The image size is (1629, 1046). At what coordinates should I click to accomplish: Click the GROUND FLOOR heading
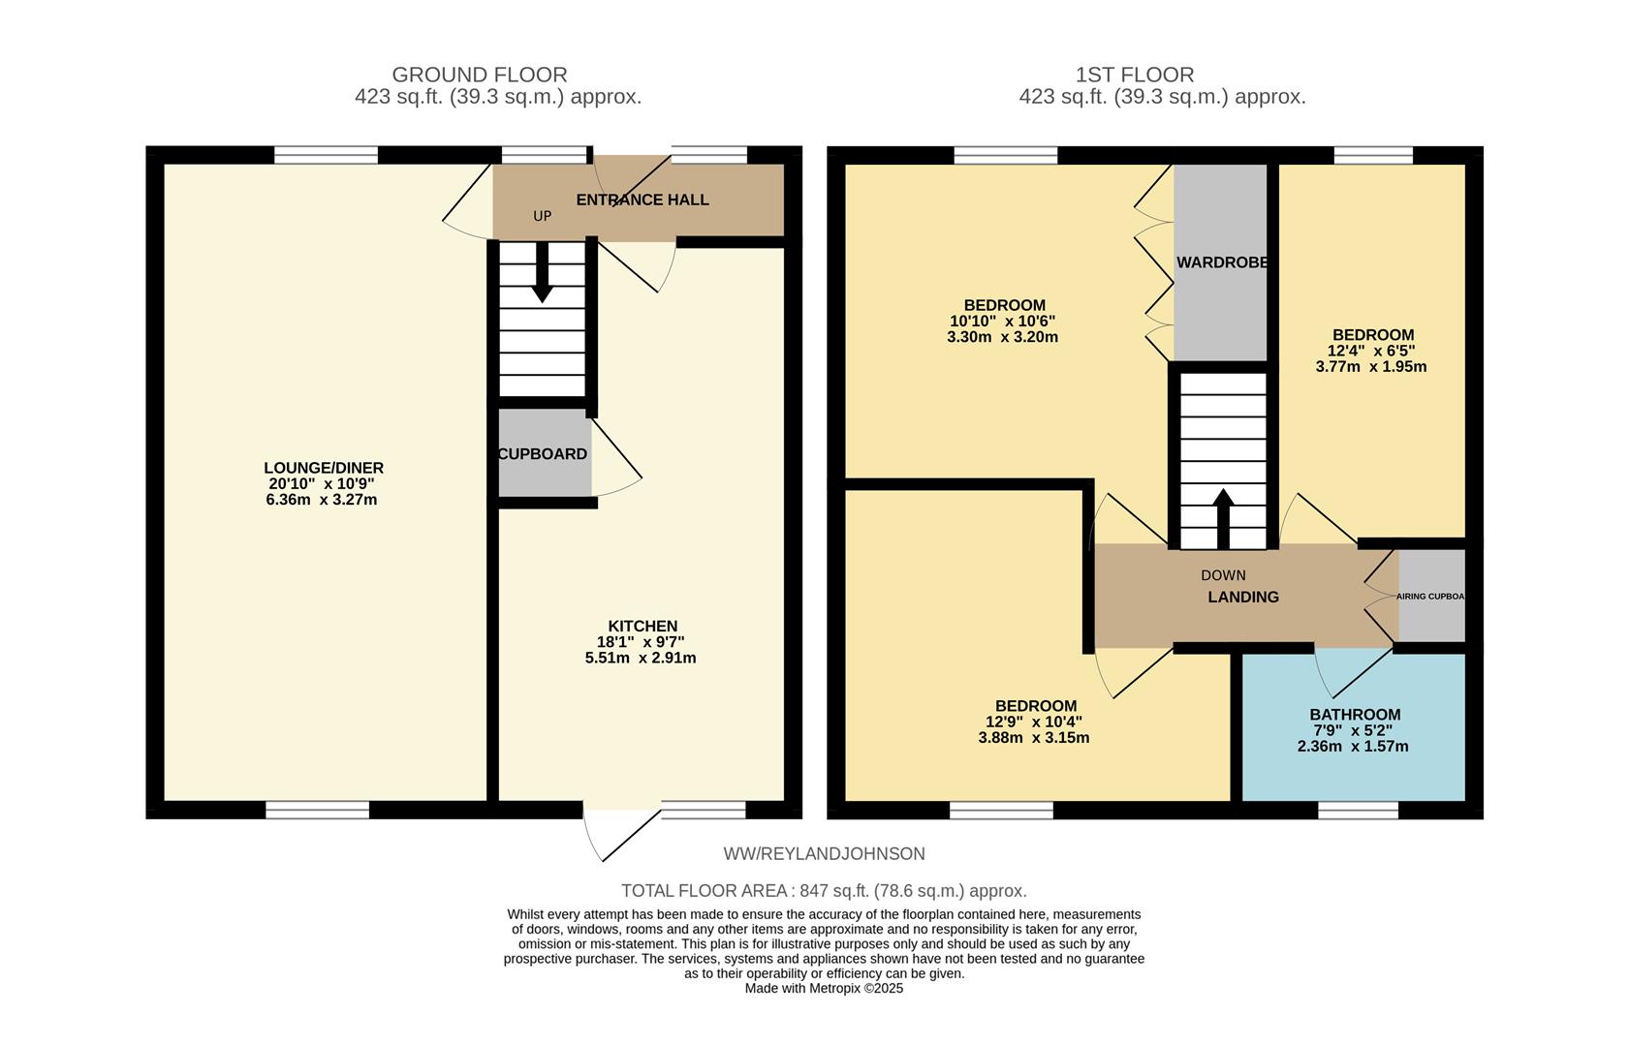click(x=479, y=75)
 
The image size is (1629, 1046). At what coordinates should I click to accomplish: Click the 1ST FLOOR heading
click(x=1134, y=75)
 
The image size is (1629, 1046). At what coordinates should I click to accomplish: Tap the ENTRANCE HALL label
click(x=642, y=200)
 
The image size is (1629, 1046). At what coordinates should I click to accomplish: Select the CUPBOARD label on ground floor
click(x=543, y=454)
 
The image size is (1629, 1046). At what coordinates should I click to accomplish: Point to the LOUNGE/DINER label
click(x=324, y=468)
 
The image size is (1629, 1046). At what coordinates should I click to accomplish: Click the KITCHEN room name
click(x=642, y=627)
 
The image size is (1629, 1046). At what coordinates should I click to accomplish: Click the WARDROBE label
click(x=1222, y=262)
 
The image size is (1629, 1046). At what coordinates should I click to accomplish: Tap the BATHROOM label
click(x=1355, y=715)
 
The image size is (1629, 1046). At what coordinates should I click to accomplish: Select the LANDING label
click(x=1242, y=598)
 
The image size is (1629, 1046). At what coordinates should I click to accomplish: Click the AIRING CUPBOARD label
click(x=1430, y=597)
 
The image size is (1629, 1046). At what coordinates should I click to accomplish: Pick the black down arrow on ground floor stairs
click(x=542, y=272)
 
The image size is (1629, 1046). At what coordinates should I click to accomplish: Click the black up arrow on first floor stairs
click(x=1222, y=518)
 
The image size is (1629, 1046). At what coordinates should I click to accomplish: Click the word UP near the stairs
click(x=542, y=216)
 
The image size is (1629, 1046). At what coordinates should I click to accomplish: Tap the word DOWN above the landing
click(x=1223, y=575)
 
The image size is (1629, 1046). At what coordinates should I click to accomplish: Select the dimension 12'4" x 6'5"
click(x=1370, y=351)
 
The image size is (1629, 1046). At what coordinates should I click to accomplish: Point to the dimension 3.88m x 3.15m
click(x=1033, y=738)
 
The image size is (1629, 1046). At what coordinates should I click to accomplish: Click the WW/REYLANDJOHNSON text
click(x=824, y=853)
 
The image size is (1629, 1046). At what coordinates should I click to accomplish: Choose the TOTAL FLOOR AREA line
click(x=823, y=891)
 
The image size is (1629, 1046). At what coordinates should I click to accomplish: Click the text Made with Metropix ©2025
click(x=824, y=988)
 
